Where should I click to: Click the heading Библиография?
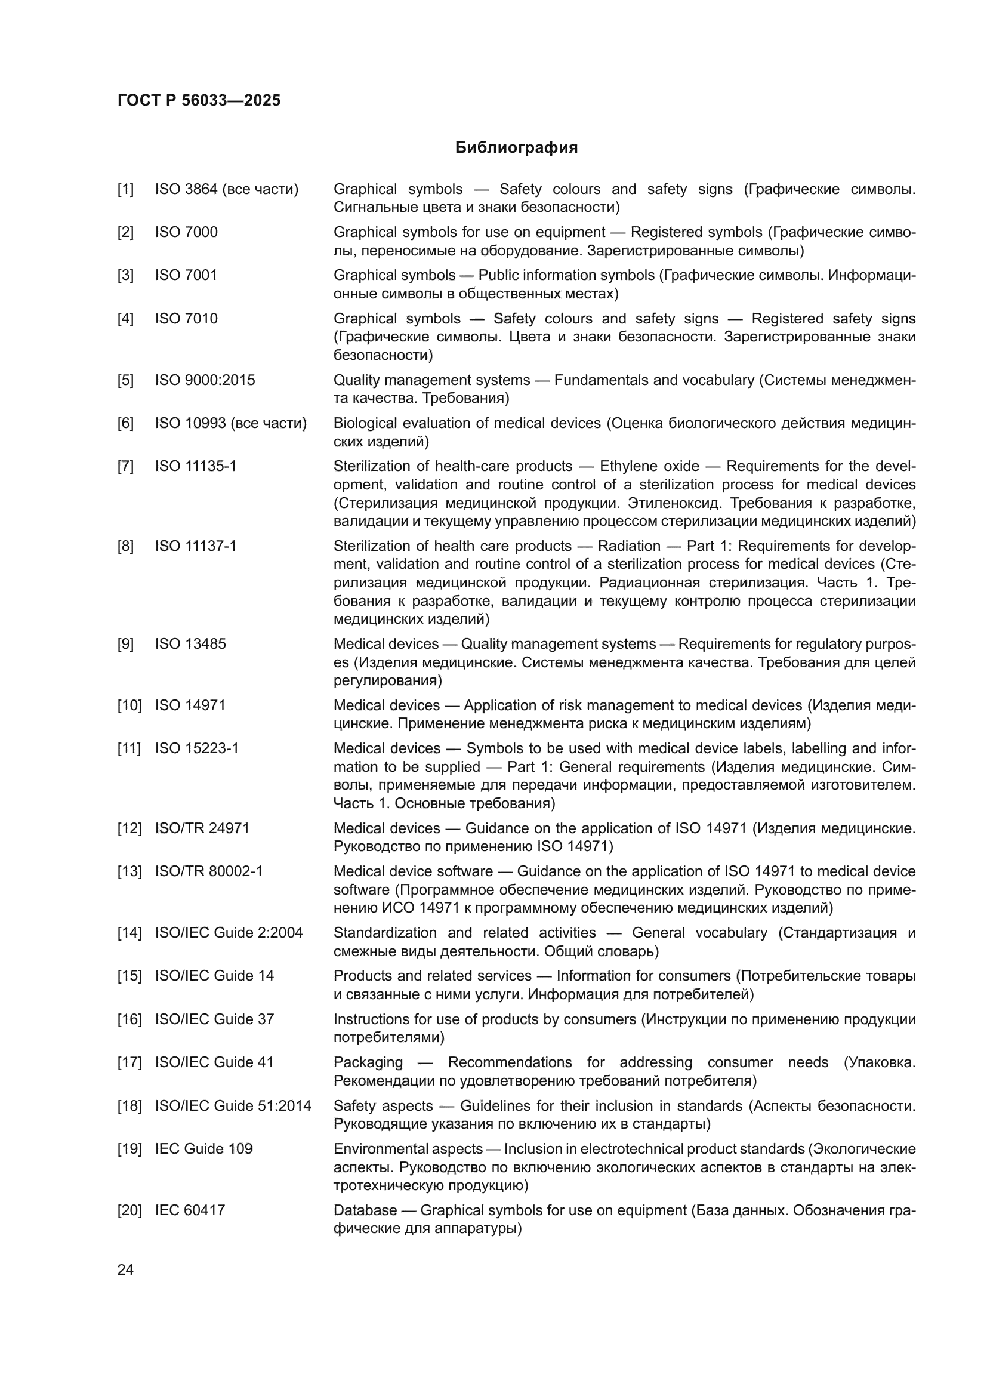click(516, 148)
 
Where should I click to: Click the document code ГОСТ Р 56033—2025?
click(199, 100)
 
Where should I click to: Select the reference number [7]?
click(125, 466)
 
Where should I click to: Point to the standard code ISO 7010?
click(186, 319)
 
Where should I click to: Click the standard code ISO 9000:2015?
click(205, 380)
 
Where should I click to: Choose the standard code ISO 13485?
click(190, 644)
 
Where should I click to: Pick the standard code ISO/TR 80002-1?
click(208, 871)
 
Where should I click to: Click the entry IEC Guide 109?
click(203, 1148)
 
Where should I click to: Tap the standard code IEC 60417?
click(190, 1210)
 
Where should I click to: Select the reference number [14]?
click(129, 933)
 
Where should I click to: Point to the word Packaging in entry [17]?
click(368, 1062)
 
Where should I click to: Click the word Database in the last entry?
click(365, 1210)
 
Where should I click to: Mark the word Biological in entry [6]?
click(362, 423)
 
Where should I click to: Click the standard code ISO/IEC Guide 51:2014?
click(233, 1105)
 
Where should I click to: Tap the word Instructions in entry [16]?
click(371, 1019)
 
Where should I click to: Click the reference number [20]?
click(129, 1210)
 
